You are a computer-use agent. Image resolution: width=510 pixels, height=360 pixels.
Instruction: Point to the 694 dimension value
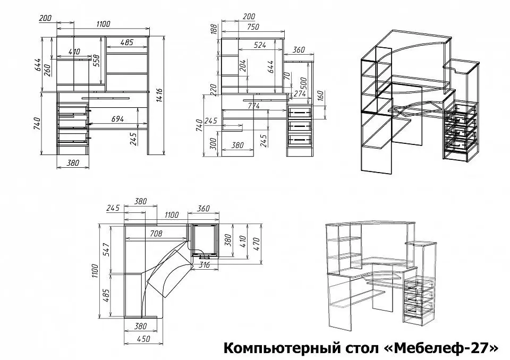pyautogui.click(x=117, y=119)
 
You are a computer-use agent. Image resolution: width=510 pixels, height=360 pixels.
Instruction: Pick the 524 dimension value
pyautogui.click(x=260, y=45)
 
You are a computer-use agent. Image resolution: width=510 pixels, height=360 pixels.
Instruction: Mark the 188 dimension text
pyautogui.click(x=214, y=29)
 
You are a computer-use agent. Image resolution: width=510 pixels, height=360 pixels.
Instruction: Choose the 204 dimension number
pyautogui.click(x=243, y=66)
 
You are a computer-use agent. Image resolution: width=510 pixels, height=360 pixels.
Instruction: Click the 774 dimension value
pyautogui.click(x=254, y=106)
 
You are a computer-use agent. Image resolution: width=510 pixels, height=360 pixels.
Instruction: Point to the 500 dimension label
pyautogui.click(x=303, y=83)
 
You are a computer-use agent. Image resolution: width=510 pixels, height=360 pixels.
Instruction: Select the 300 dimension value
pyautogui.click(x=213, y=143)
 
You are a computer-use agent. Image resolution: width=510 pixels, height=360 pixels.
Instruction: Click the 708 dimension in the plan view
pyautogui.click(x=156, y=233)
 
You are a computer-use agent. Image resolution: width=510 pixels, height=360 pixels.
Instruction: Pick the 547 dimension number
pyautogui.click(x=108, y=249)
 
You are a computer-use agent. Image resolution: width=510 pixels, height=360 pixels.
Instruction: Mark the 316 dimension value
pyautogui.click(x=204, y=265)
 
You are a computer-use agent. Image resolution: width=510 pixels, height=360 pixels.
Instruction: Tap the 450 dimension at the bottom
pyautogui.click(x=143, y=339)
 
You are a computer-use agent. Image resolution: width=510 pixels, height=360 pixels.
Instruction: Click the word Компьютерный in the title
pyautogui.click(x=282, y=348)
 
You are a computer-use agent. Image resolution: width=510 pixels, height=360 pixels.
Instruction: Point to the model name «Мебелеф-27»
pyautogui.click(x=441, y=348)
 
